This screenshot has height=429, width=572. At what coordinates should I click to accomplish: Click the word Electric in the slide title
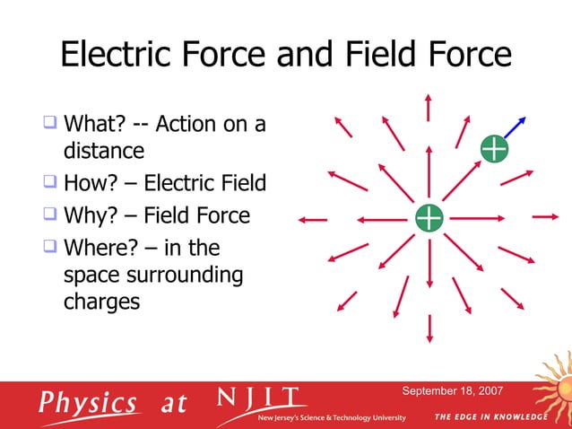pos(113,56)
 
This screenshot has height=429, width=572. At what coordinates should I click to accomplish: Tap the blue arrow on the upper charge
pos(516,127)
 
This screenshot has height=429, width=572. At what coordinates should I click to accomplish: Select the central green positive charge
pos(429,217)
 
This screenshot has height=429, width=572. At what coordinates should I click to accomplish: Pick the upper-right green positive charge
pos(494,149)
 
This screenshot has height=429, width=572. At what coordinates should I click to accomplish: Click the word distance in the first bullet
pos(104,149)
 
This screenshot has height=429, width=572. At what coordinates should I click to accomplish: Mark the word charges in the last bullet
pos(101,301)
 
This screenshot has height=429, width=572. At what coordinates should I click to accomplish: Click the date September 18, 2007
pos(452,391)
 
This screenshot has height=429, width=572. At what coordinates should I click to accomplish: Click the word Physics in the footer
pos(88,402)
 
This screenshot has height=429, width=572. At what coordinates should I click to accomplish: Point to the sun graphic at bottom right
pos(556,386)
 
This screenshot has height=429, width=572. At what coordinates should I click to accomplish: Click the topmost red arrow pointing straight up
pos(429,105)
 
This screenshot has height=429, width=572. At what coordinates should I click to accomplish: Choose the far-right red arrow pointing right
pos(545,217)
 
